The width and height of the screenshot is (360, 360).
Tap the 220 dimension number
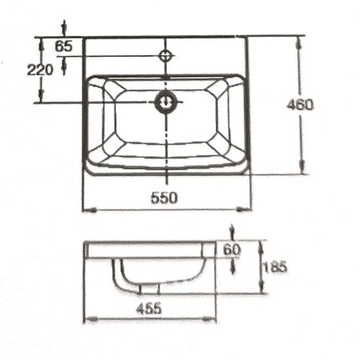click(x=39, y=70)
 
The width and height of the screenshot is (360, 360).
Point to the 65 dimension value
click(x=64, y=46)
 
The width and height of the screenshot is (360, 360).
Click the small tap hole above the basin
click(x=167, y=59)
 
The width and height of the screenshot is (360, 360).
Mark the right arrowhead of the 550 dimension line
click(x=248, y=208)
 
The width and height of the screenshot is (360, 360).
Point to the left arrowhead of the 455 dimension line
click(x=86, y=319)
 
